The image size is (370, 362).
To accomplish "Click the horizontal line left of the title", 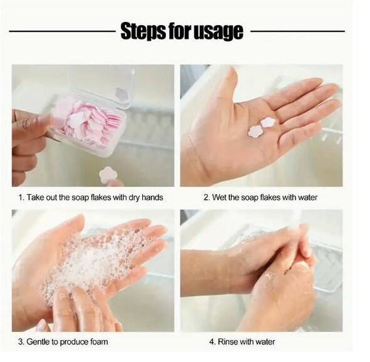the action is tap(62, 31).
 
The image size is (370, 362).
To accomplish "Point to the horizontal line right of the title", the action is tap(297, 31).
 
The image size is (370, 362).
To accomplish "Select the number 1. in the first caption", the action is tap(21, 197).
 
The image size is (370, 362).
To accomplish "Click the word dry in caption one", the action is tap(134, 197).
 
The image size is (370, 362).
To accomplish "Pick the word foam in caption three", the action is tap(99, 342).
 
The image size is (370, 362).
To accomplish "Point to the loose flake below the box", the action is tap(108, 175).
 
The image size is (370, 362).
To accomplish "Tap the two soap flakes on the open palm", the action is tap(262, 127).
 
